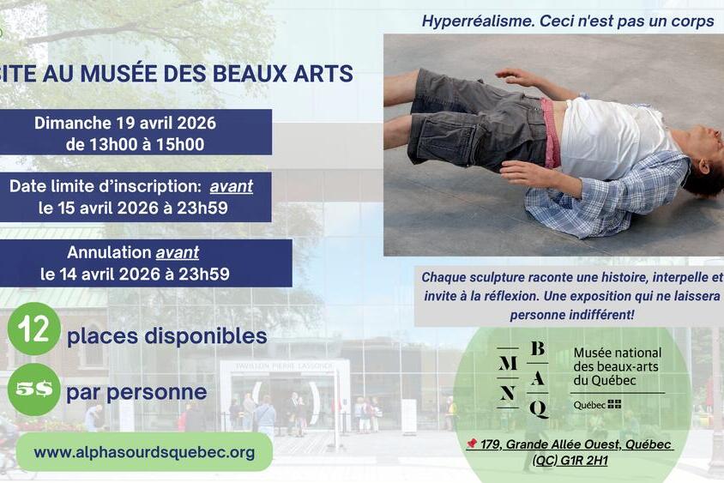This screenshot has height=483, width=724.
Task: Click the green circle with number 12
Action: pyautogui.click(x=33, y=329)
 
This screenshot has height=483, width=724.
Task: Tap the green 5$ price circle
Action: pyautogui.click(x=33, y=389)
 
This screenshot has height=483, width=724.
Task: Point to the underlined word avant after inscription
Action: pyautogui.click(x=231, y=186)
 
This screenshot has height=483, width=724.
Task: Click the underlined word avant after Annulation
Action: pyautogui.click(x=177, y=252)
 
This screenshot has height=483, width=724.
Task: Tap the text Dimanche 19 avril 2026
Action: pyautogui.click(x=125, y=123)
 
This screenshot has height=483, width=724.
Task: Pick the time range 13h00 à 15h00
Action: pyautogui.click(x=136, y=144)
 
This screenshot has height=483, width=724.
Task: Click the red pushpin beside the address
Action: pyautogui.click(x=472, y=444)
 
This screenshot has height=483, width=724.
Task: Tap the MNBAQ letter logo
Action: pyautogui.click(x=523, y=378)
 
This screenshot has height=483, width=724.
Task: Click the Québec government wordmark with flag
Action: pyautogui.click(x=597, y=404)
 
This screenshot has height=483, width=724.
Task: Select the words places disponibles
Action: pyautogui.click(x=167, y=336)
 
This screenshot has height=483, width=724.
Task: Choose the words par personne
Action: pyautogui.click(x=137, y=392)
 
